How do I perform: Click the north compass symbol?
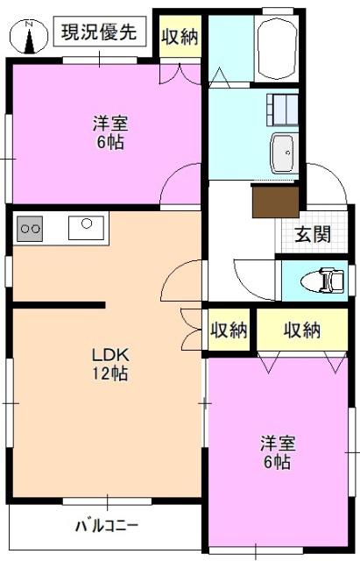pyautogui.click(x=29, y=37)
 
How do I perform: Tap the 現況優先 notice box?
pyautogui.click(x=100, y=32)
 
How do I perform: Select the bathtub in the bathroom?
pyautogui.click(x=277, y=47)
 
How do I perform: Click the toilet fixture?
pyautogui.click(x=323, y=280)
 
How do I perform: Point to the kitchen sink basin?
pyautogui.click(x=87, y=228)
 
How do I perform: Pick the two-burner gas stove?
pyautogui.click(x=30, y=228)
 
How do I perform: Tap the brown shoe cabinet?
pyautogui.click(x=275, y=201)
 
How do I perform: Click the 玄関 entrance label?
pyautogui.click(x=313, y=234)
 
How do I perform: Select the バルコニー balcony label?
pyautogui.click(x=107, y=526)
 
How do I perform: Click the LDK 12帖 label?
pyautogui.click(x=110, y=364)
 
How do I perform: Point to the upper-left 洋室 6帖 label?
pyautogui.click(x=110, y=132)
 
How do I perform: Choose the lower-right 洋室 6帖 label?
pyautogui.click(x=278, y=452)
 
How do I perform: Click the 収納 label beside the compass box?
pyautogui.click(x=180, y=37)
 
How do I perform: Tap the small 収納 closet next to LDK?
pyautogui.click(x=229, y=330)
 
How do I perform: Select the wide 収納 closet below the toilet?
pyautogui.click(x=302, y=330)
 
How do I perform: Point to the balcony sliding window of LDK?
pyautogui.click(x=107, y=501)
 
